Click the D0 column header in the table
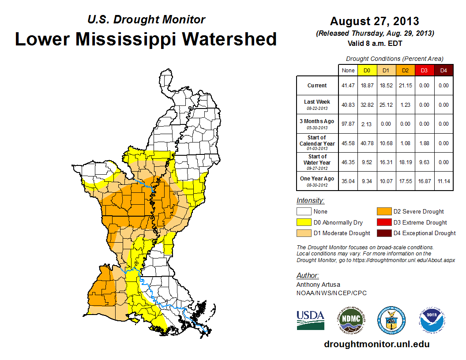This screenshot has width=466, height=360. pos(367,70)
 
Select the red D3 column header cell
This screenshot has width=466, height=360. pos(424,70)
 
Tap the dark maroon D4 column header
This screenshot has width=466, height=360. pos(443,70)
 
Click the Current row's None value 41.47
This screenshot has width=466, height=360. pos(348,86)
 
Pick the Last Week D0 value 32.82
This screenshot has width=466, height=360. pos(367,105)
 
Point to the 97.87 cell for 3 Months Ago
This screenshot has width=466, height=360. pos(348,124)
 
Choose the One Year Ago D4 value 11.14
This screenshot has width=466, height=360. pos(443,181)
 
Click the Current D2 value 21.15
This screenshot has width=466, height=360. pos(405,86)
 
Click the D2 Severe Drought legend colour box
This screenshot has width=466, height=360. pos(383,212)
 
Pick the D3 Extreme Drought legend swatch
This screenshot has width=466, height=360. pos(383,222)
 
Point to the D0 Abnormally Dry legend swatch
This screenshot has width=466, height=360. pos(303,222)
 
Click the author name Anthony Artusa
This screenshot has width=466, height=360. pos(318,285)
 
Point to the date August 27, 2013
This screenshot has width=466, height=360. pos(374,21)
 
